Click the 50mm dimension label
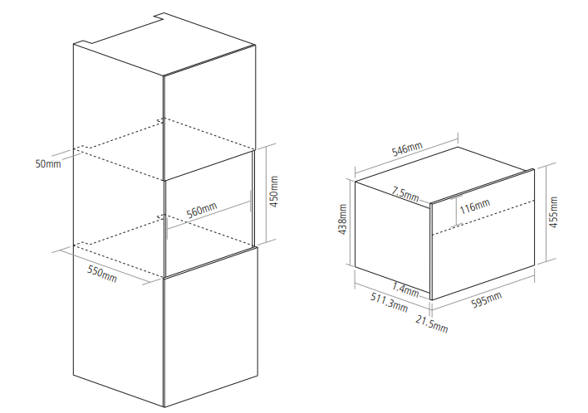pyautogui.click(x=48, y=163)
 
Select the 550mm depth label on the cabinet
pyautogui.click(x=102, y=274)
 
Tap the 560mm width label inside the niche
pyautogui.click(x=202, y=211)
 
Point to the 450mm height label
pyautogui.click(x=274, y=192)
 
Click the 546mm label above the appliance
pyautogui.click(x=407, y=148)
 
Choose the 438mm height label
pyautogui.click(x=342, y=220)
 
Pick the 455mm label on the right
pyautogui.click(x=553, y=212)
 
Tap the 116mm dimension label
pyautogui.click(x=475, y=206)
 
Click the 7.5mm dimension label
pyautogui.click(x=406, y=194)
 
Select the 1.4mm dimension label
pyautogui.click(x=405, y=289)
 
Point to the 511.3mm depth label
pyautogui.click(x=390, y=302)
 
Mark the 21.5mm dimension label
pyautogui.click(x=432, y=324)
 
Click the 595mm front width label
pyautogui.click(x=487, y=300)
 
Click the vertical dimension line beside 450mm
pyautogui.click(x=267, y=194)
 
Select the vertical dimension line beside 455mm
pyautogui.click(x=546, y=213)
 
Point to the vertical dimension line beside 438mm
pyautogui.click(x=350, y=222)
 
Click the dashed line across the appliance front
pyautogui.click(x=483, y=218)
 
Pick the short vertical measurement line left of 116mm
pyautogui.click(x=456, y=211)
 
